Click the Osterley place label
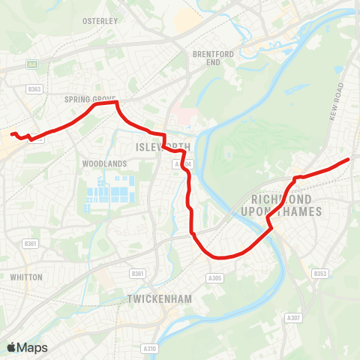click(x=100, y=21)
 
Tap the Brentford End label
click(x=208, y=58)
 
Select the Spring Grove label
click(x=88, y=98)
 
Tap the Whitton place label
click(x=26, y=277)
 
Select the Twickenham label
click(x=160, y=298)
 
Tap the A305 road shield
click(x=215, y=278)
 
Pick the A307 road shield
click(x=293, y=318)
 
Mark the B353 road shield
click(x=321, y=274)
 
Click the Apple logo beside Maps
click(x=12, y=347)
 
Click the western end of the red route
click(x=11, y=134)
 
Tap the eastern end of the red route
click(x=349, y=160)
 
